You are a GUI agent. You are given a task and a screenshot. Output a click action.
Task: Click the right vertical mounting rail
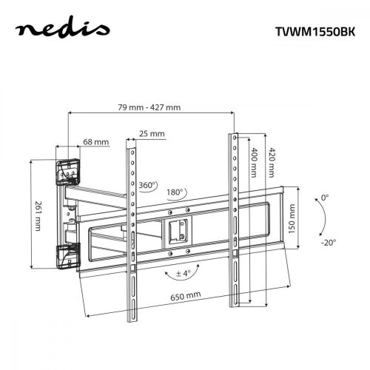(234, 215)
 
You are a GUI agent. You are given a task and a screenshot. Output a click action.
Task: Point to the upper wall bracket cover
(67, 171)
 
